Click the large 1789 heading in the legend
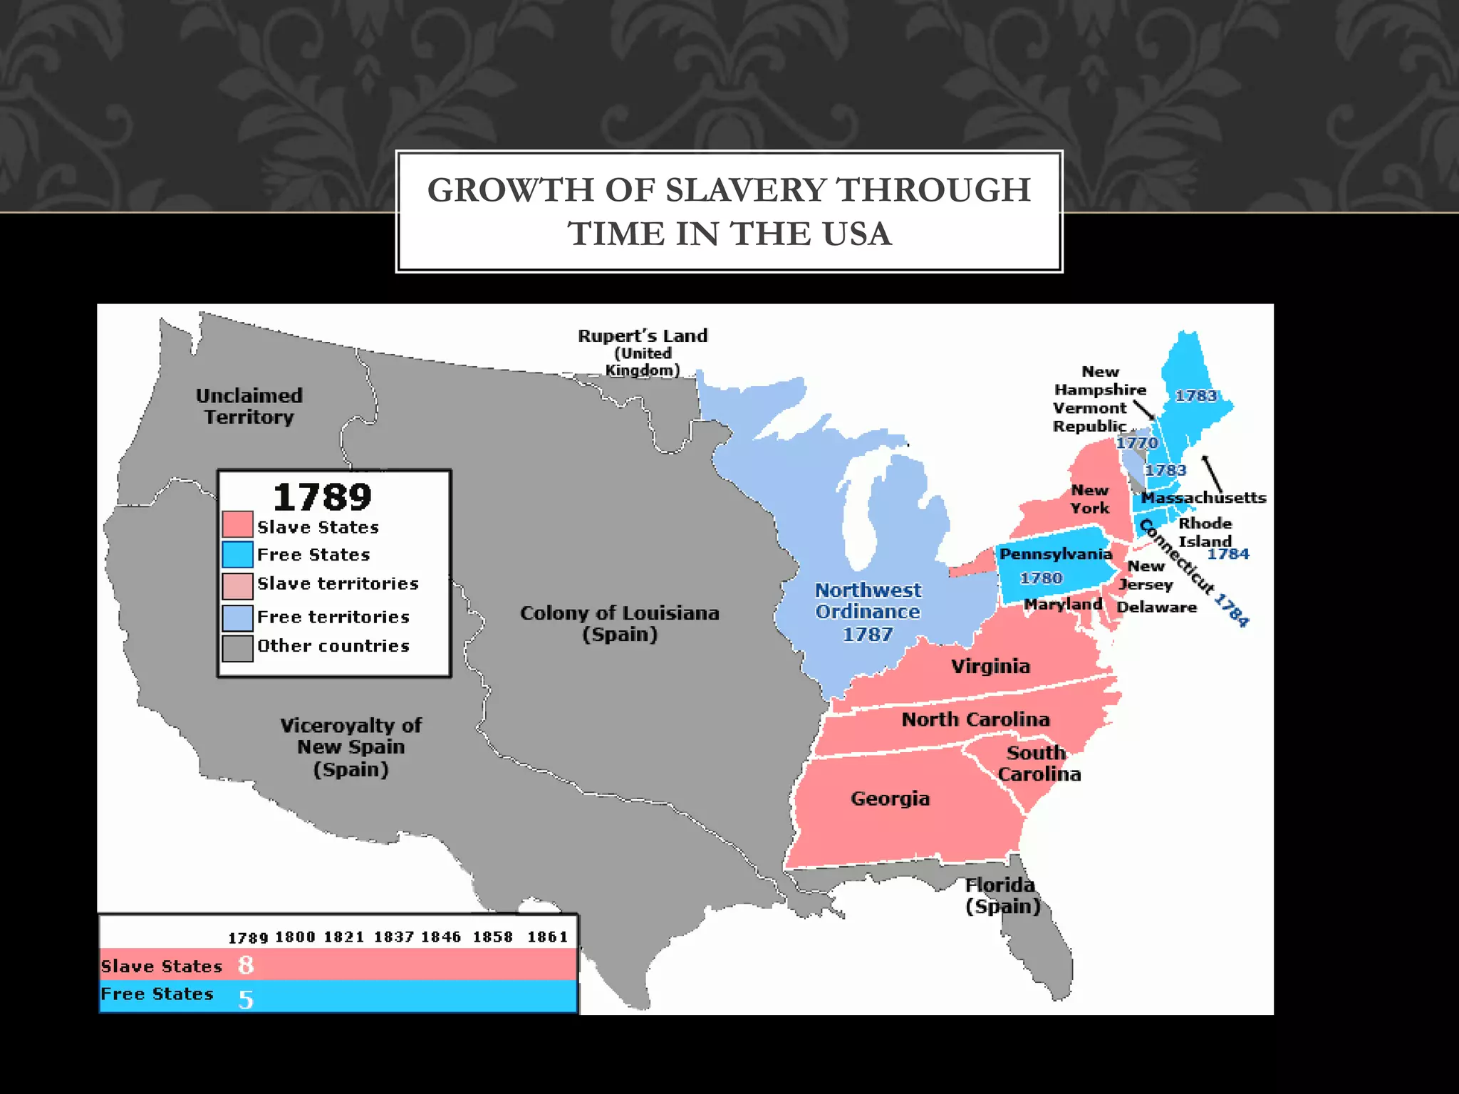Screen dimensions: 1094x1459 pyautogui.click(x=322, y=496)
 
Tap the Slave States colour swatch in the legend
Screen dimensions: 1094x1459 pyautogui.click(x=237, y=524)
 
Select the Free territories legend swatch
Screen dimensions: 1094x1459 pyautogui.click(x=237, y=618)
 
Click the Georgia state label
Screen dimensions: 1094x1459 pyautogui.click(x=890, y=798)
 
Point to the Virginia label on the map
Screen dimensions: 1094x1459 pyautogui.click(x=990, y=666)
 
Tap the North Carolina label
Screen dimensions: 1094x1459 pyautogui.click(x=975, y=719)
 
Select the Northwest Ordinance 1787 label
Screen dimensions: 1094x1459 pyautogui.click(x=868, y=612)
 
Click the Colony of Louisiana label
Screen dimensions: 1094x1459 pyautogui.click(x=619, y=623)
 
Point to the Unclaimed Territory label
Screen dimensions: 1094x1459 pyautogui.click(x=249, y=406)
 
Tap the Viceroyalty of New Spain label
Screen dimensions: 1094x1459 pyautogui.click(x=351, y=747)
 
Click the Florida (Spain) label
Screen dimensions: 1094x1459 pyautogui.click(x=1002, y=895)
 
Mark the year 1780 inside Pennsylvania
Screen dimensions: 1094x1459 pyautogui.click(x=1041, y=578)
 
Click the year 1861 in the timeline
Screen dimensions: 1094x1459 pyautogui.click(x=547, y=937)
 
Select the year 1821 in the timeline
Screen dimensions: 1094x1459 pyautogui.click(x=343, y=937)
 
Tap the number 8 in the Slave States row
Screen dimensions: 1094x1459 pyautogui.click(x=246, y=965)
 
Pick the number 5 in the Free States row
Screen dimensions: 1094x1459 pyautogui.click(x=246, y=999)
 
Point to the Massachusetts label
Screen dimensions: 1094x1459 pyautogui.click(x=1203, y=498)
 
